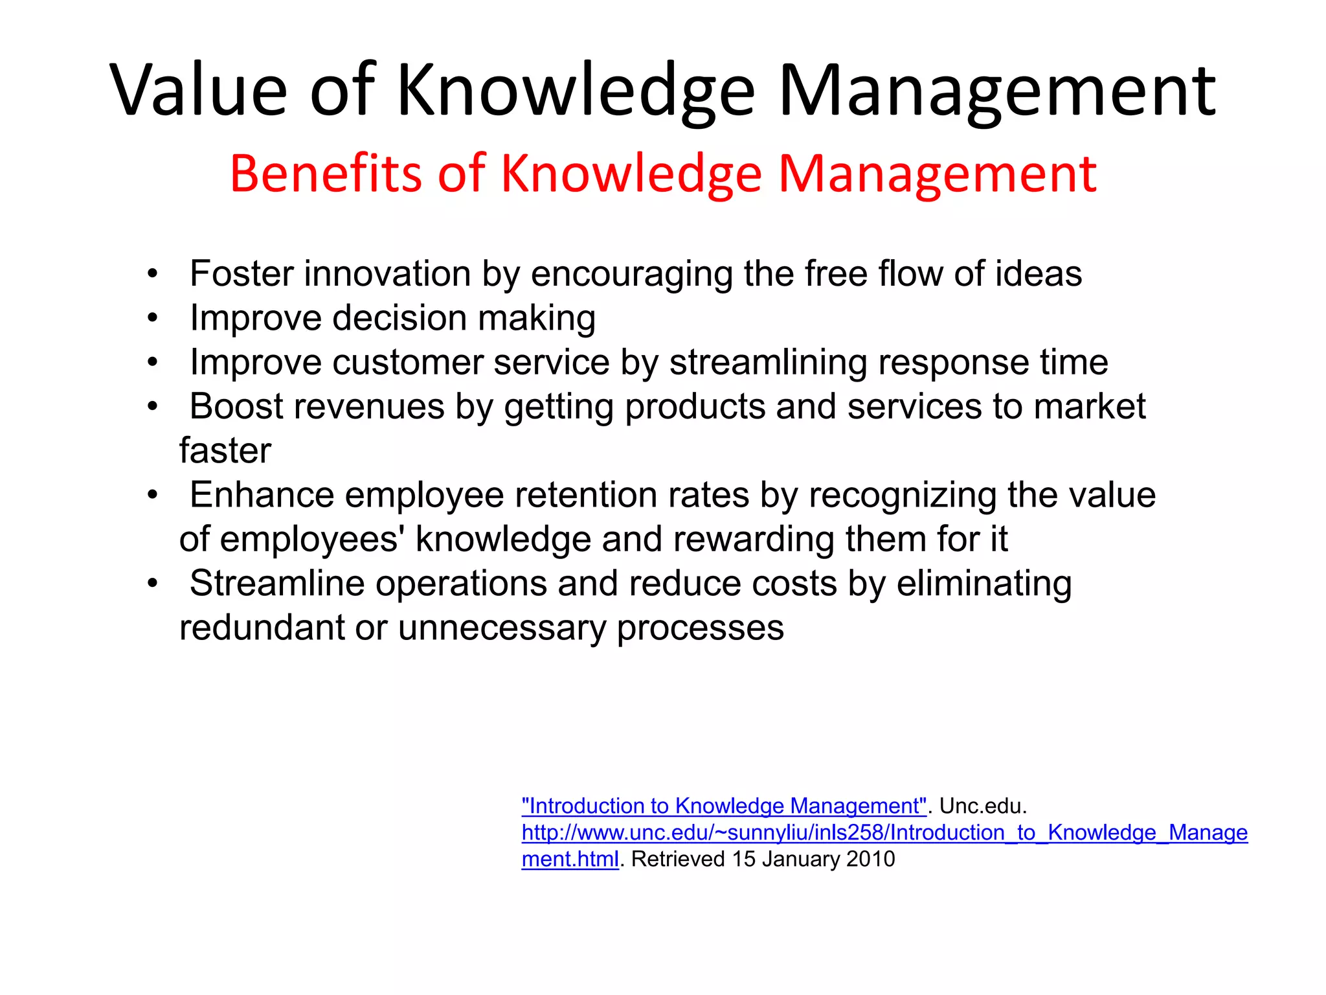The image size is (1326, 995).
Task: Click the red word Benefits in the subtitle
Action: tap(326, 174)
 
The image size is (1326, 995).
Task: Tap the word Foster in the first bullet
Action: tap(242, 273)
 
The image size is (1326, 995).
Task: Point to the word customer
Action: tap(407, 362)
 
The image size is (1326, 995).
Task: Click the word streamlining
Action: tap(767, 362)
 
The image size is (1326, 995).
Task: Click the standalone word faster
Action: tap(225, 451)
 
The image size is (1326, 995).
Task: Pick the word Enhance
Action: tap(262, 495)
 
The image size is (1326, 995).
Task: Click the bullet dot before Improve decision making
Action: tap(152, 318)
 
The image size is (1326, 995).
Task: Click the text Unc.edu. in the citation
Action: tap(983, 806)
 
